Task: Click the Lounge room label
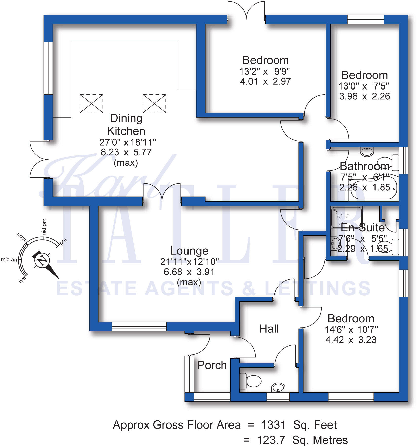189,251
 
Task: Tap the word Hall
269,329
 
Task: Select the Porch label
212,365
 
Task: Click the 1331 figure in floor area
273,425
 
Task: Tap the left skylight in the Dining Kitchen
91,103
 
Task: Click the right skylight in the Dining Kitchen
154,103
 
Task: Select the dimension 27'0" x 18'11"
128,142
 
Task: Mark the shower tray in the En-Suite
346,217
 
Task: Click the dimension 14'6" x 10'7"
351,329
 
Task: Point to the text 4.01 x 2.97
265,81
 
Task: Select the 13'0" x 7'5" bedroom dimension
364,86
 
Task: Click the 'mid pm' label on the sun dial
44,227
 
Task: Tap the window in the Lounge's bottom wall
139,326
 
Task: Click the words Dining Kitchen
126,125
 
